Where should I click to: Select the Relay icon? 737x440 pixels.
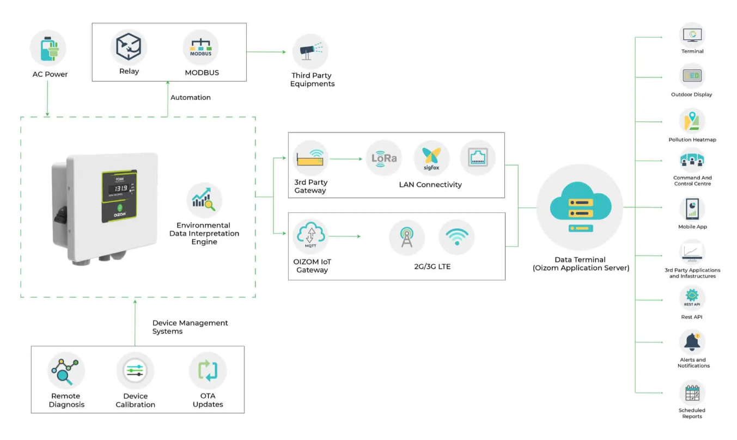pos(129,47)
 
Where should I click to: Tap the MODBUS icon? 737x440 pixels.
pos(200,47)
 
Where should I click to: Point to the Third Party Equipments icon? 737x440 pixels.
pos(310,52)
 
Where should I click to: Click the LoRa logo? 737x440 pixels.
pos(384,158)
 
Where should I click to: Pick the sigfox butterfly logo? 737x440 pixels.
pos(431,158)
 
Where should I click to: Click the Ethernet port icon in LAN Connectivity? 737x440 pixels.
pos(478,158)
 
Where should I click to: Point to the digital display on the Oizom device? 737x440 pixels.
pos(117,188)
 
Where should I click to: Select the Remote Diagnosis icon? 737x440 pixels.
pos(66,370)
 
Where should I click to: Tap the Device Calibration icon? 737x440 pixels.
pos(135,370)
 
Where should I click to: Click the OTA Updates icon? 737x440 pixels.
pos(208,370)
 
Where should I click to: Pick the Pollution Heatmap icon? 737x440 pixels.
pos(692,121)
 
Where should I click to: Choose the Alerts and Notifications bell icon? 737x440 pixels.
pos(692,342)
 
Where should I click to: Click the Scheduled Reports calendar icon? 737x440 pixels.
pos(692,393)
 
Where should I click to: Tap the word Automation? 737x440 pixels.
pos(191,97)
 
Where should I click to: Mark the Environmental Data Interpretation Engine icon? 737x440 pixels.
pos(204,200)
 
